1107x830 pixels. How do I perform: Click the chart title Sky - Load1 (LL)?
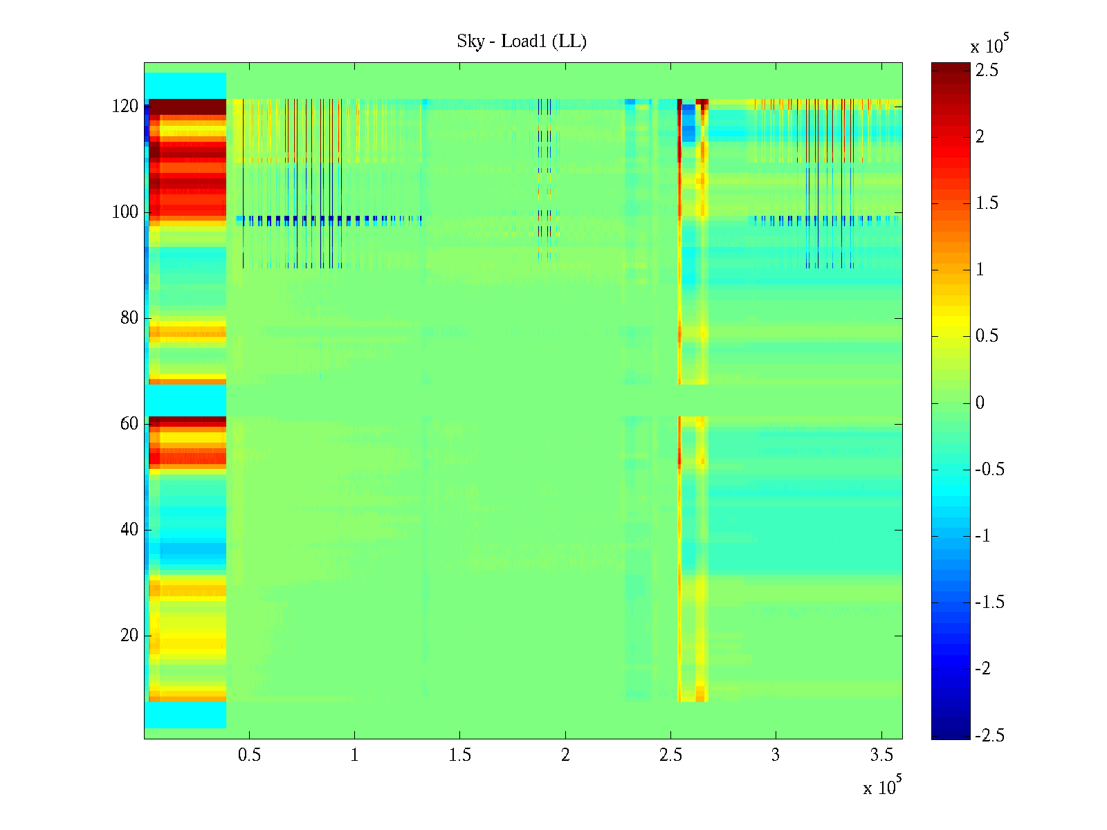(522, 41)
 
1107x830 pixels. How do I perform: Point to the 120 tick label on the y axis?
(125, 107)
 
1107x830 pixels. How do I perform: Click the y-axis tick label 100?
(125, 212)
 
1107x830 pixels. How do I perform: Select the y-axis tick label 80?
(129, 318)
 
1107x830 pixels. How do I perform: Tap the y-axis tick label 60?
(129, 424)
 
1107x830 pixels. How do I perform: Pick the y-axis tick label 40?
(129, 530)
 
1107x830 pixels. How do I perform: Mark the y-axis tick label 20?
(129, 636)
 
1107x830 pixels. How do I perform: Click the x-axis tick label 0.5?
(249, 755)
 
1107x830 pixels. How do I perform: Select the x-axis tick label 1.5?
(459, 755)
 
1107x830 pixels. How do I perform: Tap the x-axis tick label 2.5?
(670, 755)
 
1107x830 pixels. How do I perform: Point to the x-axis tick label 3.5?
(881, 755)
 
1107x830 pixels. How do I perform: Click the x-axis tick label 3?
(776, 755)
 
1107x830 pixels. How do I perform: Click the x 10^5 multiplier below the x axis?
(882, 786)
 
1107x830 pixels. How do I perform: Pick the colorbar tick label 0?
(980, 403)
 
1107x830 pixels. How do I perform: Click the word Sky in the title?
(470, 41)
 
